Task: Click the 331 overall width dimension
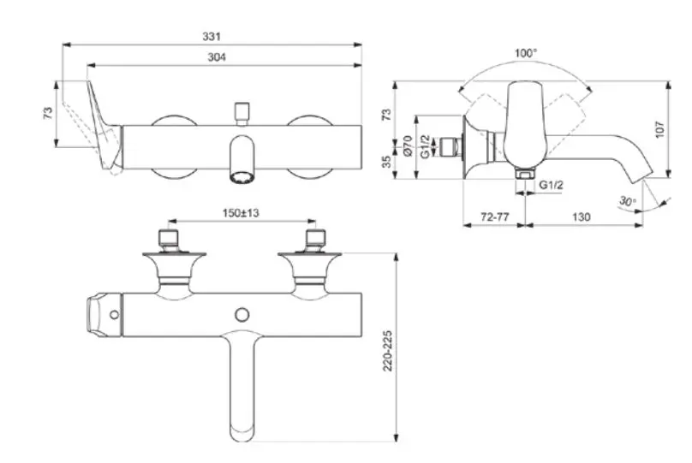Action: click(212, 36)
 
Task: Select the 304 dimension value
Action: click(217, 56)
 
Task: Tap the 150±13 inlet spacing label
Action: click(241, 213)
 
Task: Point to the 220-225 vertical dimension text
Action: click(387, 351)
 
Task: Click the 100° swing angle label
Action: click(526, 53)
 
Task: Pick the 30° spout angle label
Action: click(627, 201)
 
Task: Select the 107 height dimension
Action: click(659, 129)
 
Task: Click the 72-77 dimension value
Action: click(495, 217)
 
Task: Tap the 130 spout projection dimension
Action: click(582, 217)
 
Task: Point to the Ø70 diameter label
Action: click(408, 146)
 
